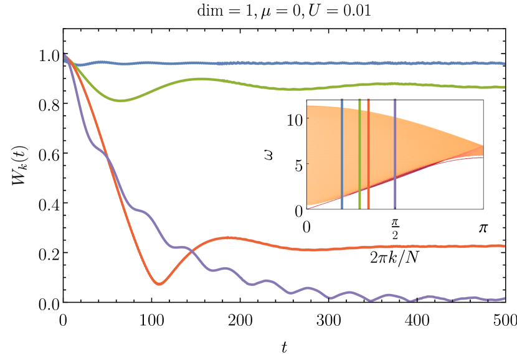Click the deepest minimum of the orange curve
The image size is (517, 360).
tap(159, 284)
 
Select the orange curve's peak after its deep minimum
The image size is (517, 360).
tap(229, 237)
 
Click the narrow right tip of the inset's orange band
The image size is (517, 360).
tap(481, 149)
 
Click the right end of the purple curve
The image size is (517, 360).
tap(503, 298)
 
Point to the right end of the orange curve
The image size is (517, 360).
tap(503, 246)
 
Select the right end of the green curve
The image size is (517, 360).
tap(503, 87)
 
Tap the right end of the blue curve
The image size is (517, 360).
tap(503, 64)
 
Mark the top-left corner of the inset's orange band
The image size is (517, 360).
tap(308, 107)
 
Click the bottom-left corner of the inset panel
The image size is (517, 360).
tap(306, 208)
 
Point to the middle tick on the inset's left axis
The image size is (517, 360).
tap(305, 164)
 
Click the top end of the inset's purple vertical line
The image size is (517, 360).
tap(395, 100)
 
